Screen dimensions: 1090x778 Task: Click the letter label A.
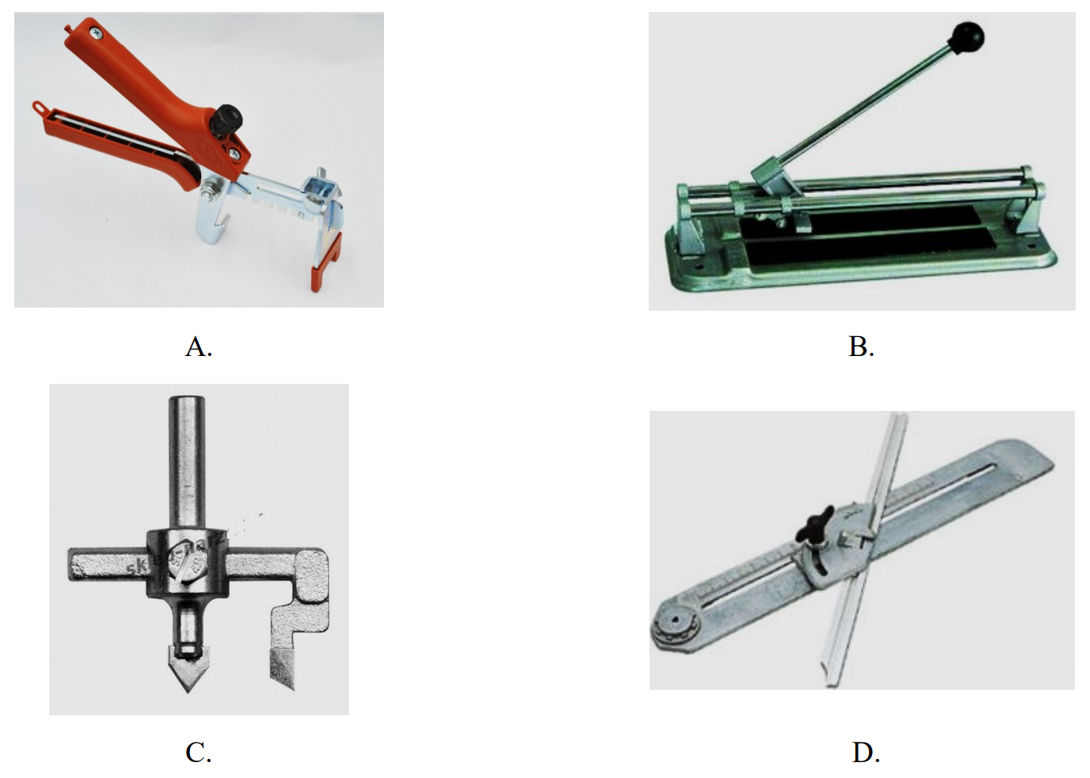tap(199, 346)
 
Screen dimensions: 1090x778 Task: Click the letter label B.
tap(861, 346)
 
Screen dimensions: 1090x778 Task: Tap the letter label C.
tap(198, 753)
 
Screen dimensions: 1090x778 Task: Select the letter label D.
tap(866, 753)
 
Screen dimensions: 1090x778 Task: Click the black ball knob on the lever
tap(968, 37)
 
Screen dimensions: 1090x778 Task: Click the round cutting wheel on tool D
tap(675, 626)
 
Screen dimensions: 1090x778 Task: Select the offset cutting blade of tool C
tap(282, 669)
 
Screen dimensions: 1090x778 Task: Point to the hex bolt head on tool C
tap(187, 565)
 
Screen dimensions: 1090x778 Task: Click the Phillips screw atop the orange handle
tap(96, 33)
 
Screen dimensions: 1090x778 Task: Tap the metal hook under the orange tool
tap(212, 214)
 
